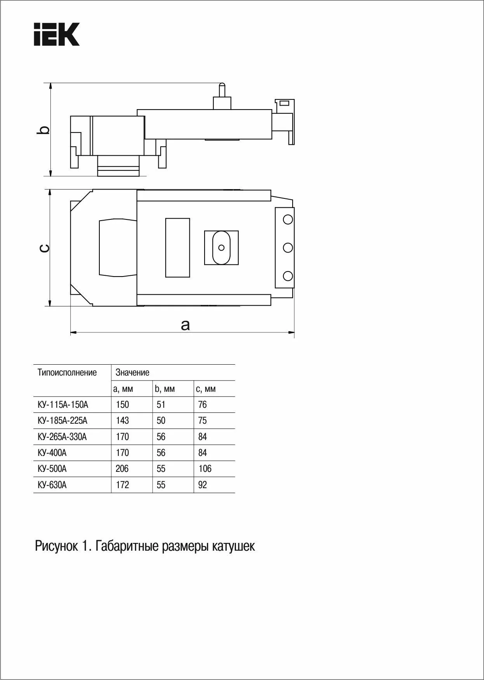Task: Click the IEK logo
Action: click(x=57, y=34)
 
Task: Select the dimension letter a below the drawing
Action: click(x=186, y=325)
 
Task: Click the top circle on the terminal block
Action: click(x=288, y=219)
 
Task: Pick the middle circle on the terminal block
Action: click(x=288, y=247)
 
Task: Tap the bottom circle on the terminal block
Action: click(x=288, y=276)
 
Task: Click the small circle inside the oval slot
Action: click(x=221, y=247)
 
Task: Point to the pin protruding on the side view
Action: click(x=222, y=91)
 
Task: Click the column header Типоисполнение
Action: click(x=67, y=373)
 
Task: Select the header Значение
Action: click(x=132, y=373)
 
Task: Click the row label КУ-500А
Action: click(x=52, y=469)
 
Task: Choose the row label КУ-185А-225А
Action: click(x=62, y=421)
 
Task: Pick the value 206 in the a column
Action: click(x=122, y=469)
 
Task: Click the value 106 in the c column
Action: click(x=205, y=469)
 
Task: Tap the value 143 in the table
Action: click(x=122, y=421)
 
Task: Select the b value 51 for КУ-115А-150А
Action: click(x=161, y=405)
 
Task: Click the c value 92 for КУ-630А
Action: click(x=202, y=485)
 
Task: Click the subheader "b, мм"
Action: click(x=165, y=389)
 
